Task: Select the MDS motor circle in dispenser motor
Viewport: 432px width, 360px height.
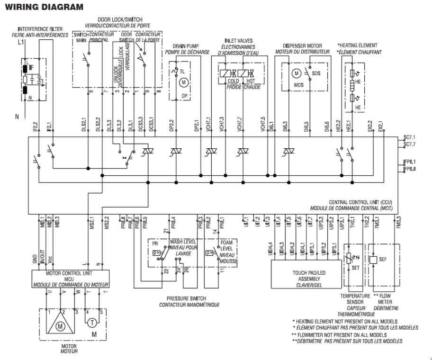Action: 297,73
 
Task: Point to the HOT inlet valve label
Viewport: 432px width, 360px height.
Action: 250,81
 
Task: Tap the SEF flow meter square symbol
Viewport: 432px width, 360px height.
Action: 373,260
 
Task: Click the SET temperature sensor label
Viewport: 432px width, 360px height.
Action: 357,268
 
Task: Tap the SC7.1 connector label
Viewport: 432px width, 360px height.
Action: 410,137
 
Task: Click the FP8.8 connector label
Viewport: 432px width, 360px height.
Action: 410,169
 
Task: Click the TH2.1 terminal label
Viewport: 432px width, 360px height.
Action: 352,222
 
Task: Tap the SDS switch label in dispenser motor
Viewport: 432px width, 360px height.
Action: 316,73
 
